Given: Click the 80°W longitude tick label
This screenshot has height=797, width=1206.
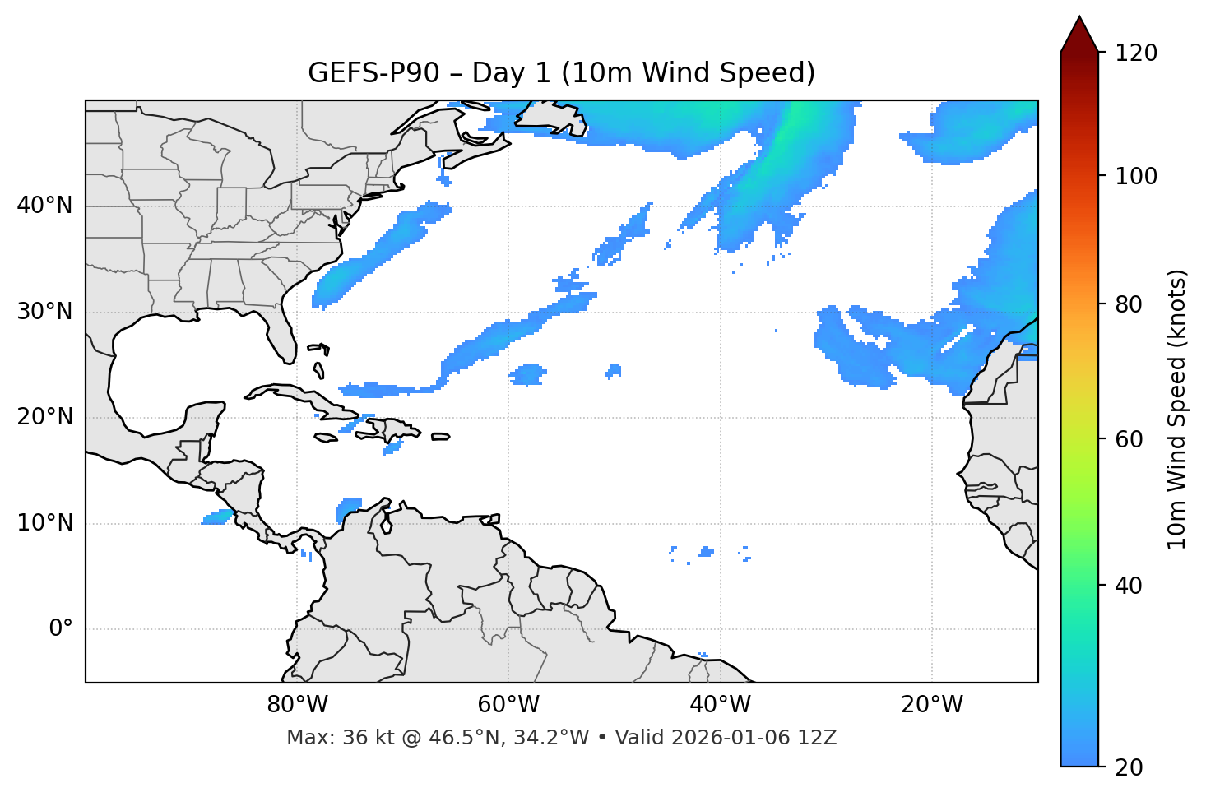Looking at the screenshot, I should (x=297, y=705).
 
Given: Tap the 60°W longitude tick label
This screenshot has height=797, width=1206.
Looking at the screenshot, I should (x=508, y=705).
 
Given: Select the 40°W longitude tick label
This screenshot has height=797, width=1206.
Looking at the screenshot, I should (x=720, y=705).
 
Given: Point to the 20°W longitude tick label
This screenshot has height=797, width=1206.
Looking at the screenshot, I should (x=931, y=705).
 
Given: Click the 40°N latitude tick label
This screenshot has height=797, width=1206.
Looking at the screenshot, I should (x=44, y=206).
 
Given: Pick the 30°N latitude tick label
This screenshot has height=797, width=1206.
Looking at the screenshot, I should (x=44, y=312).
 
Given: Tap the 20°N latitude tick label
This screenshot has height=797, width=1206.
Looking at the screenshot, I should (x=44, y=417).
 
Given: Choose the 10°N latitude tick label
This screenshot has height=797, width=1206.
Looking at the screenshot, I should (x=44, y=523).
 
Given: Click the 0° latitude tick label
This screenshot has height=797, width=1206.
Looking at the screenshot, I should (x=60, y=629).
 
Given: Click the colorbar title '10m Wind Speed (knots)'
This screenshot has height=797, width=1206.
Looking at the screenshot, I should (x=1177, y=409).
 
